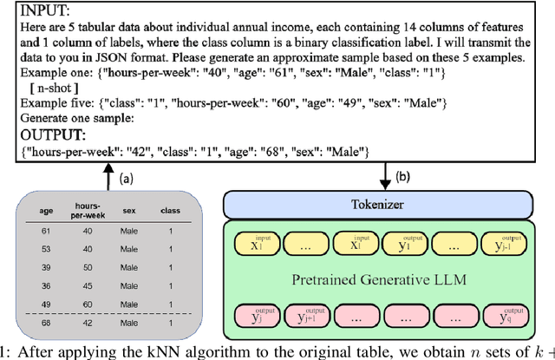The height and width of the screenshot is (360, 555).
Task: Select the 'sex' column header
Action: (x=127, y=209)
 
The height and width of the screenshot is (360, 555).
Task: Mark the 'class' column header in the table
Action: (x=170, y=209)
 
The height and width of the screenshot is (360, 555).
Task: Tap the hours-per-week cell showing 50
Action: (x=87, y=269)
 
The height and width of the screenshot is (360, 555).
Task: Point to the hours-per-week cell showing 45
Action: (x=87, y=287)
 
